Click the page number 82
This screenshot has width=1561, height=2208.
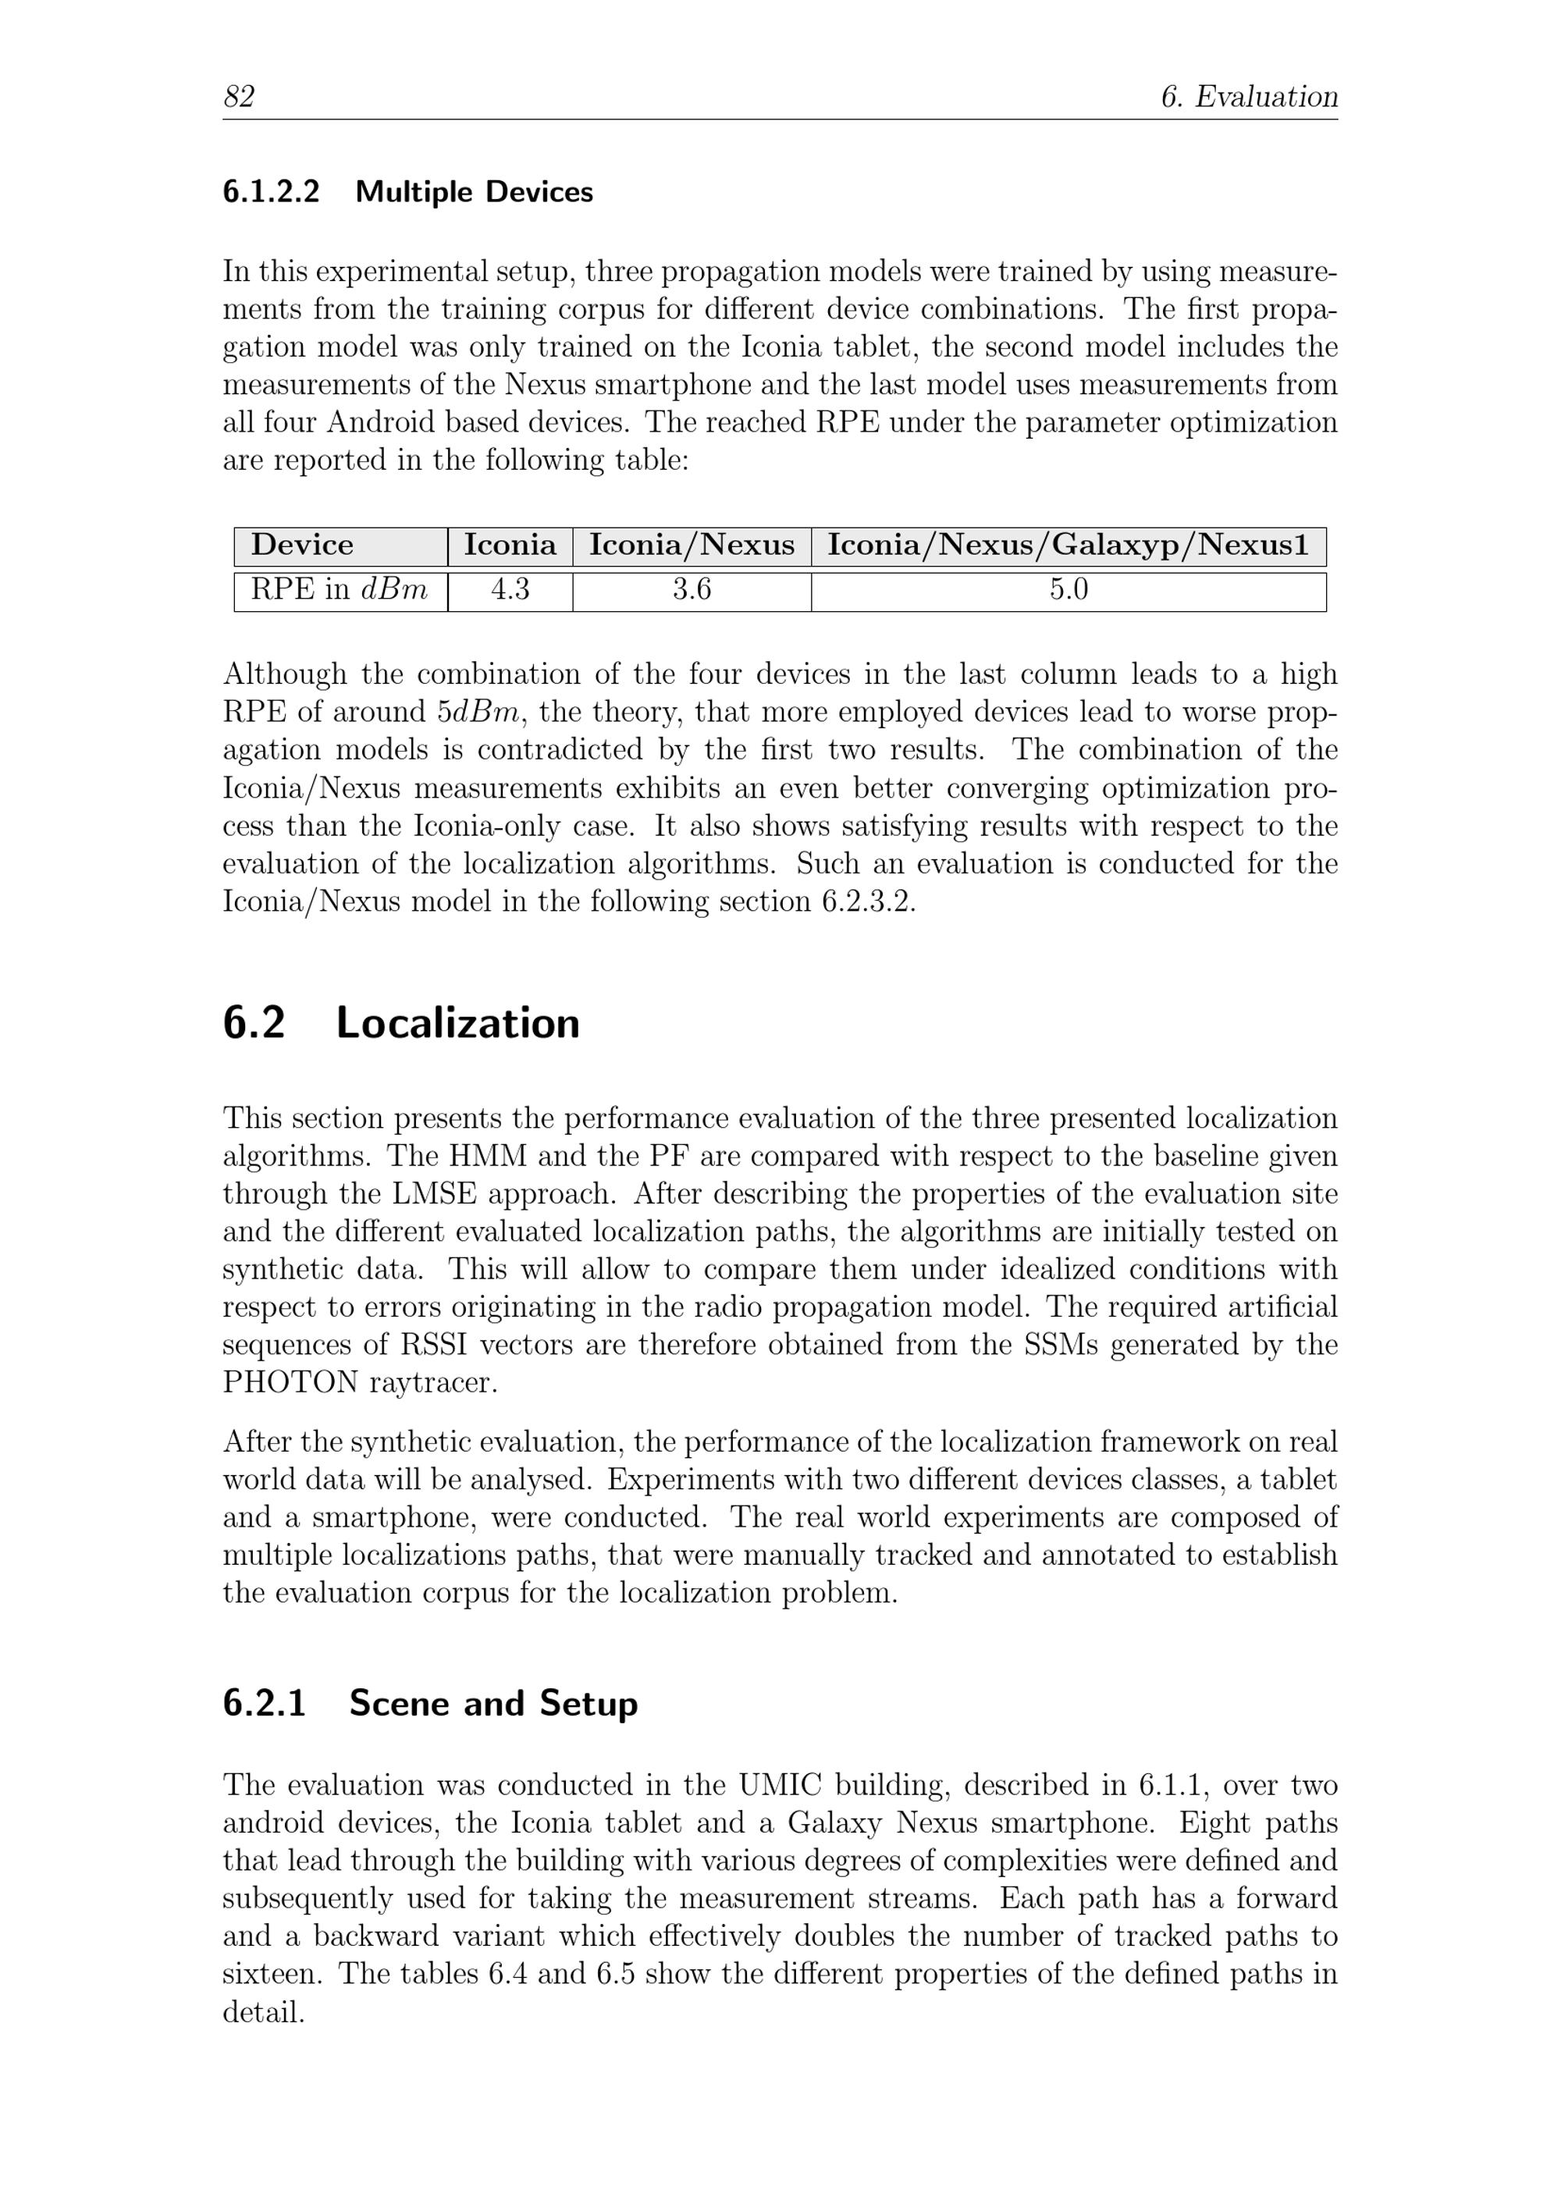click(x=239, y=97)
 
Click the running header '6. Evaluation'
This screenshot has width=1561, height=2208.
click(x=1249, y=97)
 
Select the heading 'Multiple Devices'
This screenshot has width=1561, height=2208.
click(x=475, y=192)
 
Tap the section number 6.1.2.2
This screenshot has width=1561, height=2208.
click(x=272, y=192)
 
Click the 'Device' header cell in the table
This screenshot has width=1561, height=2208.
click(x=302, y=546)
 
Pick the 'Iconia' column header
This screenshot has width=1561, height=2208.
click(x=510, y=546)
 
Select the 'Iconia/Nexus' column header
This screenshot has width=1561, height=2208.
click(x=692, y=546)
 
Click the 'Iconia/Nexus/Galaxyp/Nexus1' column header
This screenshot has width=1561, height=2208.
click(x=1068, y=546)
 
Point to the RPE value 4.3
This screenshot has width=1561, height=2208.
click(x=510, y=589)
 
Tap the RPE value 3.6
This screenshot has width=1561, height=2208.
click(x=692, y=589)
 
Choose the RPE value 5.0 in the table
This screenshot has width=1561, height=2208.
click(x=1068, y=589)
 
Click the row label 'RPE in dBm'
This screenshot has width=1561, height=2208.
click(x=339, y=589)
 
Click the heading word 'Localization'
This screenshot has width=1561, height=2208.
click(x=458, y=1023)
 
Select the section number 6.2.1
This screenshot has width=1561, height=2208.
click(x=265, y=1703)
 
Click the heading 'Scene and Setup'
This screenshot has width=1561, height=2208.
click(x=493, y=1703)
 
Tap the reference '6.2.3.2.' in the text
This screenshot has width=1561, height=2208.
click(x=869, y=902)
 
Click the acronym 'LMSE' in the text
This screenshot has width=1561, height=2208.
click(x=434, y=1193)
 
